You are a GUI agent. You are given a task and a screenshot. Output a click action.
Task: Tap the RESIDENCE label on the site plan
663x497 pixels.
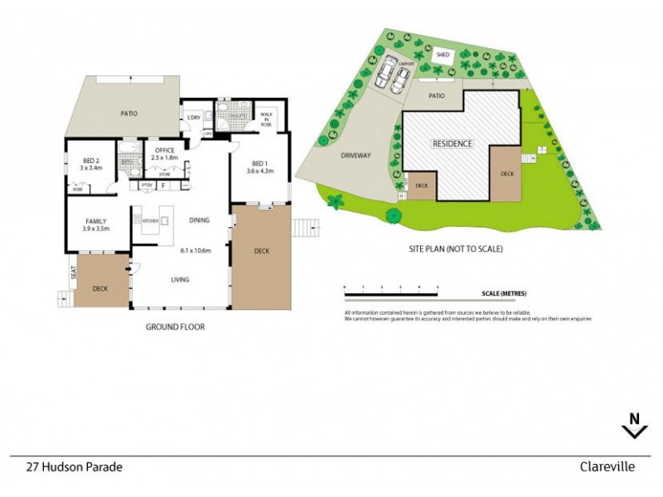click(x=452, y=143)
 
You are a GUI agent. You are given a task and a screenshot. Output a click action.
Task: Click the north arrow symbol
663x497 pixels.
click(x=634, y=426)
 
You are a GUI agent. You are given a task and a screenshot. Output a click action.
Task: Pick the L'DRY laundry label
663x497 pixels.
click(x=195, y=118)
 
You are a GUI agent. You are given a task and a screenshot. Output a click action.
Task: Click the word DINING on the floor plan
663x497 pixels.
click(x=199, y=220)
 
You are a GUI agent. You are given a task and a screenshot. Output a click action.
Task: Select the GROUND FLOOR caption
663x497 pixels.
click(x=175, y=327)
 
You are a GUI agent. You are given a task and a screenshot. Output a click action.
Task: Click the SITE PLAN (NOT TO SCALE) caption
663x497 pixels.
click(x=456, y=248)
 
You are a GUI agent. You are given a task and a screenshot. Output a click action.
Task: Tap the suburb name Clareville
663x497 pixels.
click(x=607, y=467)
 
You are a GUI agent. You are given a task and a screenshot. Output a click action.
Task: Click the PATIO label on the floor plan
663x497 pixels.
click(x=128, y=113)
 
